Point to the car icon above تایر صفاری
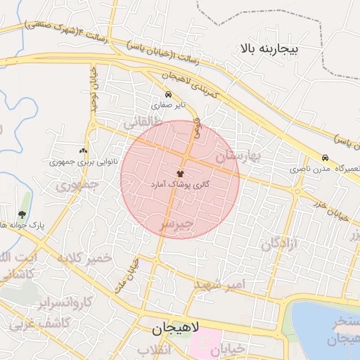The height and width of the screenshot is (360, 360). coord(168,94)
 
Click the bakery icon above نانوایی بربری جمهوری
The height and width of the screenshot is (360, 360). coord(84,150)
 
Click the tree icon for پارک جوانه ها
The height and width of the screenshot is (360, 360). coord(23,214)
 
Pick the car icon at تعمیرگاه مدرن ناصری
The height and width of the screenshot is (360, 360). coord(324,158)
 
